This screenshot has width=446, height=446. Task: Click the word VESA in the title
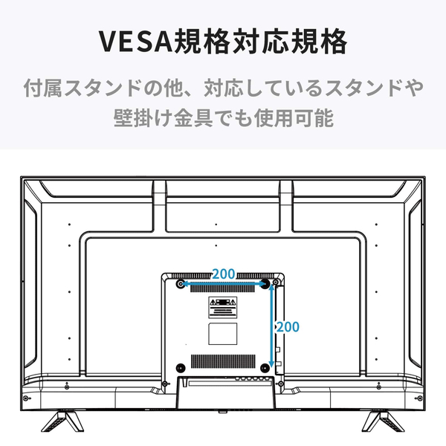click(136, 41)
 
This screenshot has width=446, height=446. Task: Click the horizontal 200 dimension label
click(224, 274)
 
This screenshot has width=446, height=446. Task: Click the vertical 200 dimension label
click(288, 327)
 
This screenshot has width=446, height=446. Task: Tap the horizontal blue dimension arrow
click(223, 284)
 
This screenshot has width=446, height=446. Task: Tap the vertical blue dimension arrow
click(271, 326)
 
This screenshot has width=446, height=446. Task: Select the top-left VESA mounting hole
click(181, 284)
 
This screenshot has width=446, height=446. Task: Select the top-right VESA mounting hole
click(265, 284)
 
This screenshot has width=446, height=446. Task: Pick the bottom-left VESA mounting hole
click(181, 368)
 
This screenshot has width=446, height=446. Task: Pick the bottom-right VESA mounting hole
click(265, 368)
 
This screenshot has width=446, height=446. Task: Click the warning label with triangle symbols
click(223, 308)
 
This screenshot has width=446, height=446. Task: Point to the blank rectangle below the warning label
click(223, 334)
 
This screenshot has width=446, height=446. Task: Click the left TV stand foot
click(62, 421)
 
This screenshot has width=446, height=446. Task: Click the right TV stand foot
click(383, 421)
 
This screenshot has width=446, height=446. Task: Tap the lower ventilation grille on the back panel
click(223, 361)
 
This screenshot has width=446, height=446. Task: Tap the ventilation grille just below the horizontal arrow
click(222, 289)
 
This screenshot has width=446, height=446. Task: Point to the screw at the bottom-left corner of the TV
click(25, 398)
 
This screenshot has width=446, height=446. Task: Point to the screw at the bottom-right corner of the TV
click(420, 398)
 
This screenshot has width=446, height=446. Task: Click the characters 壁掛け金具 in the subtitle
click(164, 117)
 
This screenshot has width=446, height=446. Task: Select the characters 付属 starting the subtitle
click(42, 88)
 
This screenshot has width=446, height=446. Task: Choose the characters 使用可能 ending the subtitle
click(294, 117)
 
